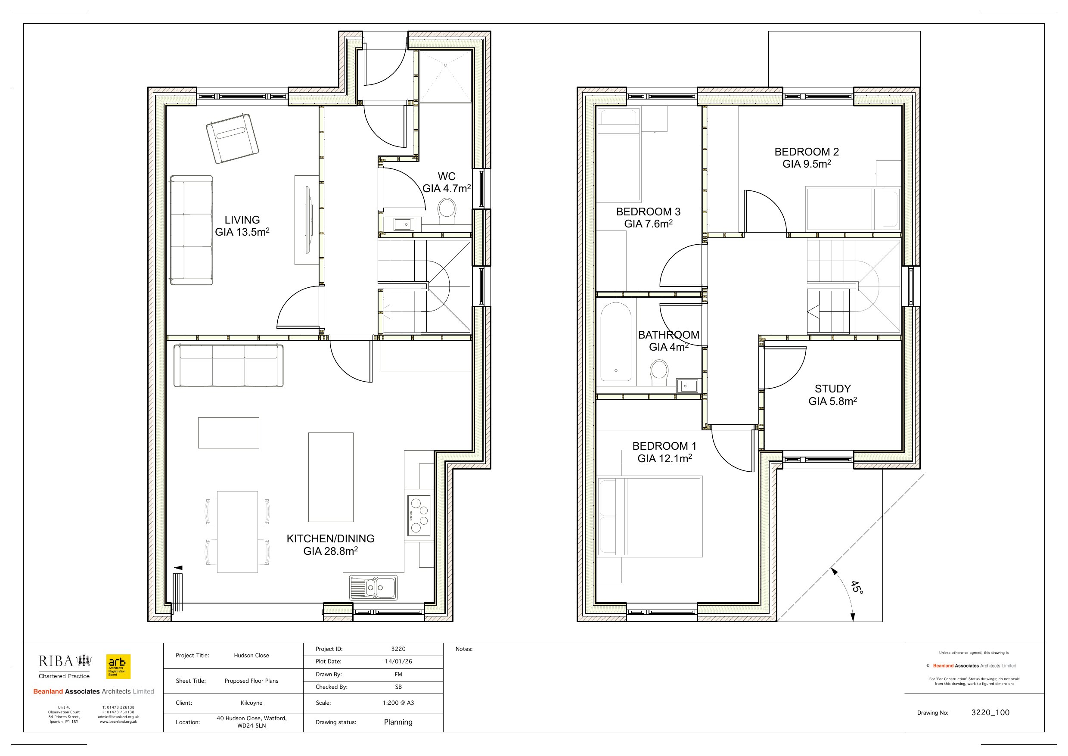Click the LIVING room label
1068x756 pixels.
point(242,220)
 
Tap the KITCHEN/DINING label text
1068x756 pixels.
point(330,538)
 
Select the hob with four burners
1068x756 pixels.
point(419,515)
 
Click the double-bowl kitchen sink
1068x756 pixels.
point(373,588)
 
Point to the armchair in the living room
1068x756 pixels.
point(232,139)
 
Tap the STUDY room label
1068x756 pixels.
point(832,389)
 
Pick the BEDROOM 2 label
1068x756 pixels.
point(807,152)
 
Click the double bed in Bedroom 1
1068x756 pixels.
point(650,516)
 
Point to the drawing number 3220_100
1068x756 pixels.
point(990,712)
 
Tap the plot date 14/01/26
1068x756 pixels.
point(398,662)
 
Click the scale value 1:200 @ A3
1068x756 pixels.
point(398,703)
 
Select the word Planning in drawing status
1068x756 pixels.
point(398,722)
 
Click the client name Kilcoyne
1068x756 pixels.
point(251,703)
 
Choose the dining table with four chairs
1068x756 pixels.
point(237,532)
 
